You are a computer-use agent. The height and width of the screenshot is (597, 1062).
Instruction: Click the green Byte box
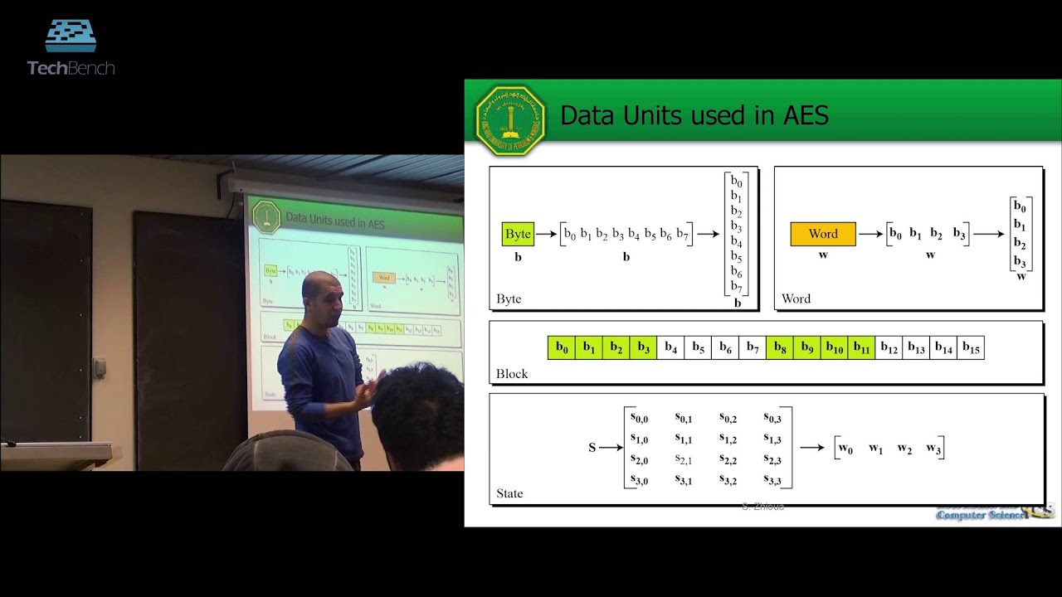coord(518,234)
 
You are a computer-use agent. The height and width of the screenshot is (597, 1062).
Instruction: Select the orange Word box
coord(822,234)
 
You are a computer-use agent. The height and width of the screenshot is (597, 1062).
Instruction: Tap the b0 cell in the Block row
coord(562,347)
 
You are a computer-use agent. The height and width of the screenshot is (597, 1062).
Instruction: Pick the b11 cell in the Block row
coord(861,347)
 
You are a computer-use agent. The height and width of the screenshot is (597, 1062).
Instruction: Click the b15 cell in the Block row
coord(971,347)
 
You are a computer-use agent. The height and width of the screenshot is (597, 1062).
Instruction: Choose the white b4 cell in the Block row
coord(670,347)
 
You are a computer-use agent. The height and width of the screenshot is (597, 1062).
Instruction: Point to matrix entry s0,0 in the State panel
coord(639,418)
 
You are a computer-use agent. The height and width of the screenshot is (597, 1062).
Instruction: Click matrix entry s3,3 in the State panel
coord(772,480)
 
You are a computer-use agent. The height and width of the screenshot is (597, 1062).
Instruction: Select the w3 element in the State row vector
coord(933,449)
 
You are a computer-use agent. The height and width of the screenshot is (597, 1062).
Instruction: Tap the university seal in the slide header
coord(510,121)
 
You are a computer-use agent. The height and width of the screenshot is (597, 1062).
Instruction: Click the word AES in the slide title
coord(806,115)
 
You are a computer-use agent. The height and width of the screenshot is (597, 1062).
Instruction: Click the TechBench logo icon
coord(71,36)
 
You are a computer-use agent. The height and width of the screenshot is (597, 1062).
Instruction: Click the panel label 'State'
coord(509,493)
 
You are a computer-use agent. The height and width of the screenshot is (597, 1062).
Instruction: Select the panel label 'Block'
coord(512,374)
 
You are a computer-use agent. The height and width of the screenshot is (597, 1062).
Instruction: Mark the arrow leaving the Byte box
coord(546,234)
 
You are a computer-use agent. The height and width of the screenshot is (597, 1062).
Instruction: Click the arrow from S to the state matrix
coord(611,448)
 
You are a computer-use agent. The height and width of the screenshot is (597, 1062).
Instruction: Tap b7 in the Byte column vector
coord(736,287)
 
